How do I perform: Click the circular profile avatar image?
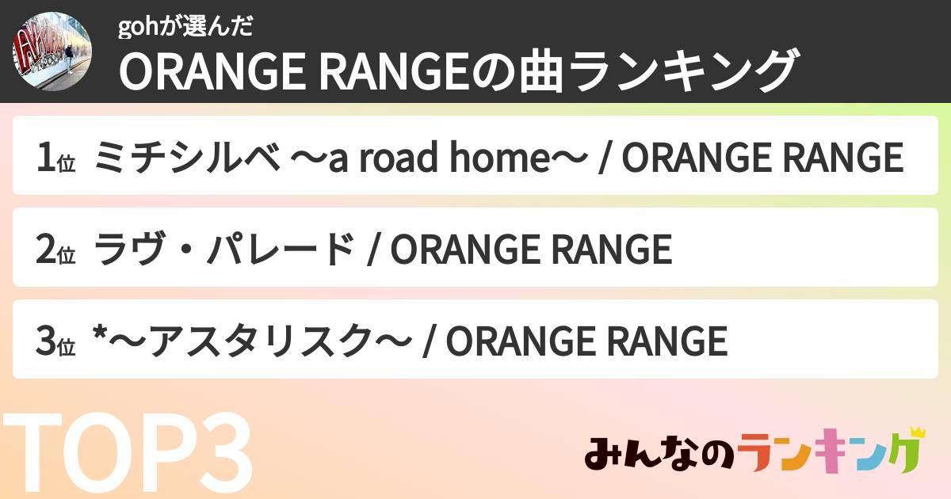[52, 51]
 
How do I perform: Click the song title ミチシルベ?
[186, 158]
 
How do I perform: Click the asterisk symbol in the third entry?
[99, 337]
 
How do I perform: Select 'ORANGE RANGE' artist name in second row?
[532, 250]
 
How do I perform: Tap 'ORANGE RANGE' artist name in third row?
[586, 342]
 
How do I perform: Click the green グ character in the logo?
[899, 455]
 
